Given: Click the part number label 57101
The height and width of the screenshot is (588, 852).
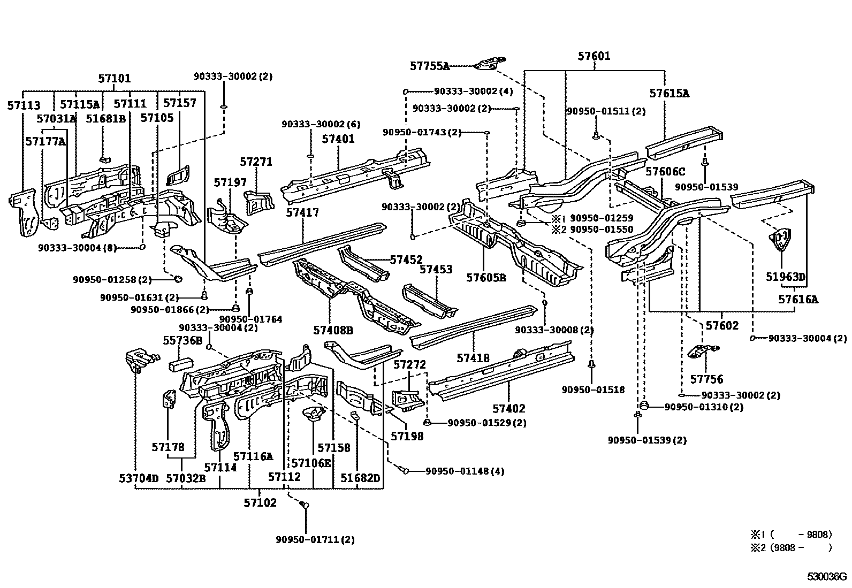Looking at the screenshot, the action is tap(115, 79).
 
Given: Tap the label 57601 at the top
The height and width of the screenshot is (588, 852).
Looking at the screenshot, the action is tap(594, 56).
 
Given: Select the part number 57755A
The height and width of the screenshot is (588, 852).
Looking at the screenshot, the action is tap(429, 66).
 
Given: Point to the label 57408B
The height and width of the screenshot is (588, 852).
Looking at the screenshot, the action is tap(333, 331).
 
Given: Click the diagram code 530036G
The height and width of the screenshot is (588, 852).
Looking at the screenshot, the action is tap(826, 577).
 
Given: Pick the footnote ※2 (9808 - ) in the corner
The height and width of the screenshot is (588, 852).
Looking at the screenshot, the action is tap(791, 548).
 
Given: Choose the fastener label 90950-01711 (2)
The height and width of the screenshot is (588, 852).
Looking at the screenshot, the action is tap(315, 540).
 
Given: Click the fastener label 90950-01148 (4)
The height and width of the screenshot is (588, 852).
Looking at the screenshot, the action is tap(465, 471).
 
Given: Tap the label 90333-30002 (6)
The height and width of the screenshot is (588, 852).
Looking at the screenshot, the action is tap(321, 124).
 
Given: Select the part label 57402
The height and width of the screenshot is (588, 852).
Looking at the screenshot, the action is tap(509, 408).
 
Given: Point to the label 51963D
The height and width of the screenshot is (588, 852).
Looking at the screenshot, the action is tap(786, 277).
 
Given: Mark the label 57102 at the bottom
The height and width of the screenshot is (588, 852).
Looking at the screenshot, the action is tap(260, 503).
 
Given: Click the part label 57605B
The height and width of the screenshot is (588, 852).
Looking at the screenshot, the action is tap(486, 278).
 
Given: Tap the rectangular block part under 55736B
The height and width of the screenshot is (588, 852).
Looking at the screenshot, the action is tap(181, 364).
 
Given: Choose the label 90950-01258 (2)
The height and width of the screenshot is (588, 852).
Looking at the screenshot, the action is tap(112, 280).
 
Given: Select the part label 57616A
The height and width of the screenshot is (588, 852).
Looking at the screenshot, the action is tap(798, 300).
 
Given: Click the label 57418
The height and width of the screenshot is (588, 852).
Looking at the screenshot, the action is tap(473, 358).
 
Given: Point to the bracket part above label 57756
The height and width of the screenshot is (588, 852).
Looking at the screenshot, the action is tap(703, 352).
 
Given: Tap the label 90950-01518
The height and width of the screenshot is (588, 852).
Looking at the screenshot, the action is tap(593, 390).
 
